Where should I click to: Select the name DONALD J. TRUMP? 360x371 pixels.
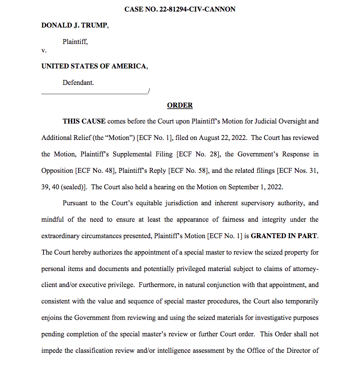(x=74, y=25)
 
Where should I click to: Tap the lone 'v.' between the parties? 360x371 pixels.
(x=44, y=50)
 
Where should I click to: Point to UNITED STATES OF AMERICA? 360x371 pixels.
(x=94, y=66)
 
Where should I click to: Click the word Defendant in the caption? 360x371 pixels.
(x=78, y=83)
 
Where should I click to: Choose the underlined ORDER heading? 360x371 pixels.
(x=180, y=105)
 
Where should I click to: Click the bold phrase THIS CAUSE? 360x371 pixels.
(x=84, y=121)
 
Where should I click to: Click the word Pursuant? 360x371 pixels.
(x=76, y=203)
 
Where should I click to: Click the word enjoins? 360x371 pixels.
(x=52, y=318)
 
